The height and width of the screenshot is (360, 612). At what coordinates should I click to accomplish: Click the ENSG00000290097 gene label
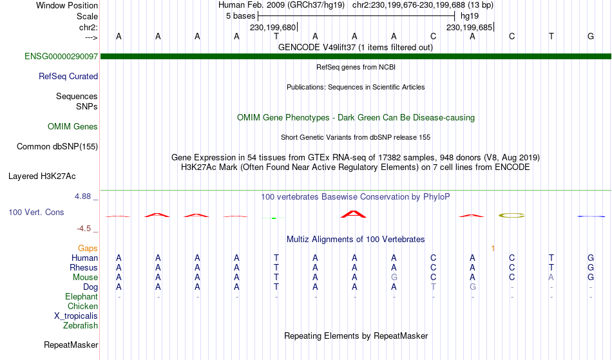61,56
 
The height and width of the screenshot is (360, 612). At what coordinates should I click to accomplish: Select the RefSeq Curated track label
68,76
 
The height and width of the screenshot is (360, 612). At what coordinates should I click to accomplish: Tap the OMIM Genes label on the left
73,126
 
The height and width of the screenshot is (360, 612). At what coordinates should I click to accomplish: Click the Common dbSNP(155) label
57,146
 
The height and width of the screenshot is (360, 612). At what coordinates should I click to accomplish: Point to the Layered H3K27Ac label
42,176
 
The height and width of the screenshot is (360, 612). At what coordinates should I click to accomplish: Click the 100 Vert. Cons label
36,212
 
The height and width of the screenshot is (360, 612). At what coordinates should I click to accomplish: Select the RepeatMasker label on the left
71,345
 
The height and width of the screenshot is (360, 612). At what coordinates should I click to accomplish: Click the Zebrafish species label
81,325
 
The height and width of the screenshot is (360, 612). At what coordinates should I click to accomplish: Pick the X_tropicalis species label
76,316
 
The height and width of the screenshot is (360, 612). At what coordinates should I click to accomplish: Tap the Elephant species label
82,296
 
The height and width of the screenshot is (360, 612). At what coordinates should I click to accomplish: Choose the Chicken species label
82,306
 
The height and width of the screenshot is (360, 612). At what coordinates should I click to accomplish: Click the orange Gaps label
88,248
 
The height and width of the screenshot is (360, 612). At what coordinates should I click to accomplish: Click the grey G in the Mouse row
394,278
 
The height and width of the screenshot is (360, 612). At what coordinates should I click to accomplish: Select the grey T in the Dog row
434,287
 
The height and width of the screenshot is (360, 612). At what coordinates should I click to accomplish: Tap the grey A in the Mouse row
551,278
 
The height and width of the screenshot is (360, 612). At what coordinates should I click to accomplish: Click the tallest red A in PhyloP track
354,214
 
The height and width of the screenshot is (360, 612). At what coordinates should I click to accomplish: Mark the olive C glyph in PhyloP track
512,215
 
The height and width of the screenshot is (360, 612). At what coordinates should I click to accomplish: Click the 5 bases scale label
240,16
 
